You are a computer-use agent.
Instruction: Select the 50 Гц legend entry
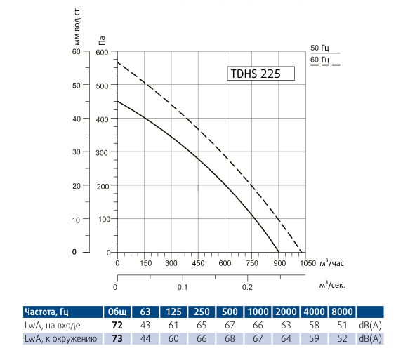click(319, 48)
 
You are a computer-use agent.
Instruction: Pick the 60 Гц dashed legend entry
click(319, 60)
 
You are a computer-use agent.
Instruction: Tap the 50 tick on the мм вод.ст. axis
click(77, 85)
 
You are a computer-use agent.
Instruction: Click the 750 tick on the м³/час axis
click(253, 263)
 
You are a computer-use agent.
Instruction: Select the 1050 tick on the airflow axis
click(307, 263)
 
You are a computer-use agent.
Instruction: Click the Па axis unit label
click(103, 41)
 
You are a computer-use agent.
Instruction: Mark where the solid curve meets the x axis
click(279, 252)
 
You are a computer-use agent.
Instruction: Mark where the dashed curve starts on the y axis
click(117, 62)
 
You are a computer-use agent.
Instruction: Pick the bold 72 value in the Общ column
click(117, 326)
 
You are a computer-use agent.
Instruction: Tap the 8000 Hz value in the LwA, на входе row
click(342, 326)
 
